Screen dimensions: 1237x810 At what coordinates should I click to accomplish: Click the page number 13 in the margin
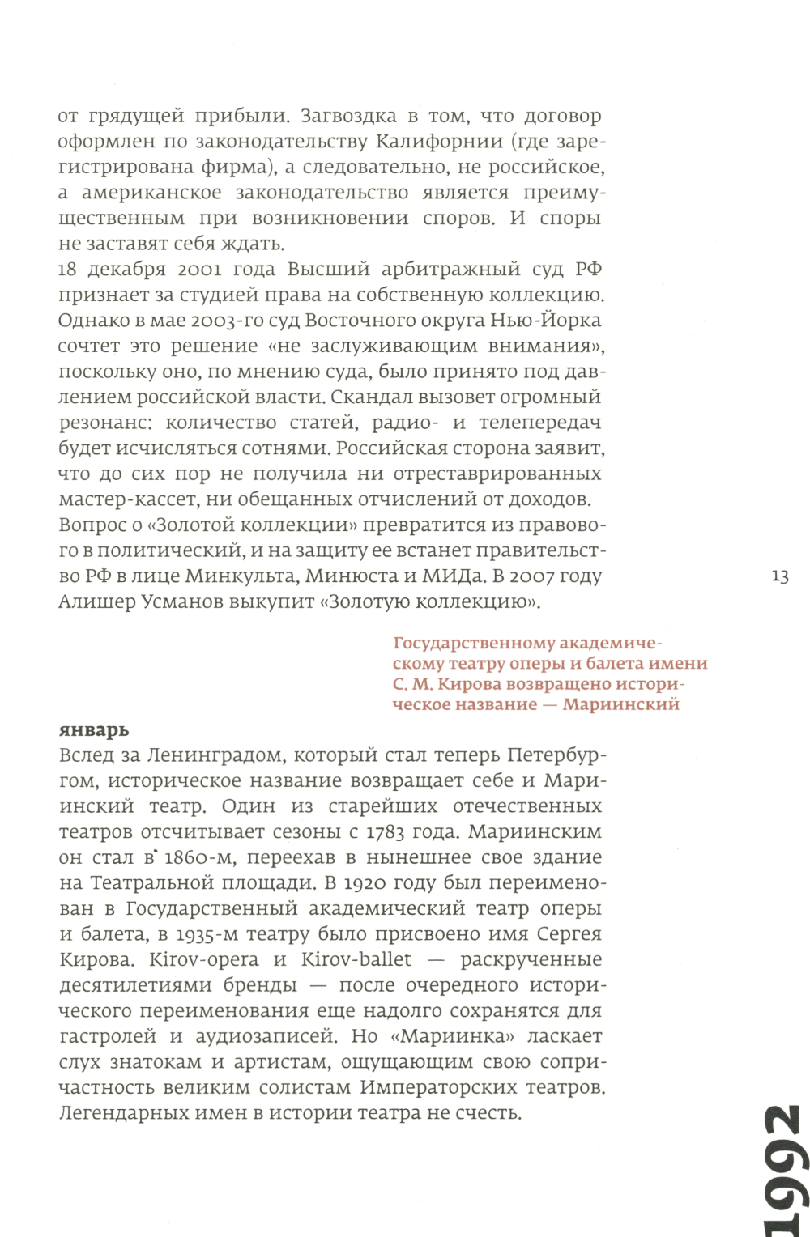[x=780, y=576]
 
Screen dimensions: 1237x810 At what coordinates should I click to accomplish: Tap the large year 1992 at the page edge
[x=783, y=1170]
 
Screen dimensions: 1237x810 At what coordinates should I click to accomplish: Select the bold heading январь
[x=94, y=729]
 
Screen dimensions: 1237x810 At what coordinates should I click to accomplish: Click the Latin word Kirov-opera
[x=204, y=959]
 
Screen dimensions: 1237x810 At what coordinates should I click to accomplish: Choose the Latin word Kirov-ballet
[x=356, y=959]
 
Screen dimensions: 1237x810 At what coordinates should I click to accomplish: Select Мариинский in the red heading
[x=620, y=704]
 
